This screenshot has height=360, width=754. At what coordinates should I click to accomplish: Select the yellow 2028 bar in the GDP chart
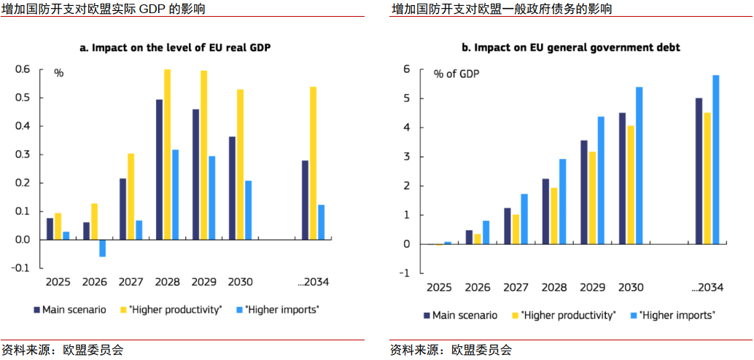(x=167, y=154)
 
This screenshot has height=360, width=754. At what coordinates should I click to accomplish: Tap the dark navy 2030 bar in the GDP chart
(x=232, y=188)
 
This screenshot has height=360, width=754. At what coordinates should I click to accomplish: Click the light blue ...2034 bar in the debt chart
(x=715, y=160)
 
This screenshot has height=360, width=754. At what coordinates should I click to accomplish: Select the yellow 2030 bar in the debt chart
(x=631, y=185)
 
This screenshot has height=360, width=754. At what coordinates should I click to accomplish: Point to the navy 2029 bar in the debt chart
(x=584, y=192)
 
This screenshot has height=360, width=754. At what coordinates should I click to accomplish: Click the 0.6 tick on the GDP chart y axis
(x=23, y=69)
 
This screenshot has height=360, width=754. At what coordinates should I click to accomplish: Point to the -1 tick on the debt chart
(x=405, y=273)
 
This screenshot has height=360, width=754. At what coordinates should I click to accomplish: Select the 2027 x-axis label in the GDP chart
(x=131, y=281)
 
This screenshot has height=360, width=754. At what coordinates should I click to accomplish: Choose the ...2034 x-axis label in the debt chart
(x=707, y=287)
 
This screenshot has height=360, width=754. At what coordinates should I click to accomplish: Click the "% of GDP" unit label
(x=456, y=74)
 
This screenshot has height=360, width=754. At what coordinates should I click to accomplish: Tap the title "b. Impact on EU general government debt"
(x=570, y=47)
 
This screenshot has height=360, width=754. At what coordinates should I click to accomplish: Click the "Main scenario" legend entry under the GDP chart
(x=70, y=310)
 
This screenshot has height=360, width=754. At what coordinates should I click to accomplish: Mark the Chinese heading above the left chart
(x=104, y=9)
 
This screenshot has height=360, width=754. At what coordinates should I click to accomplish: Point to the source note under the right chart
(x=451, y=350)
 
